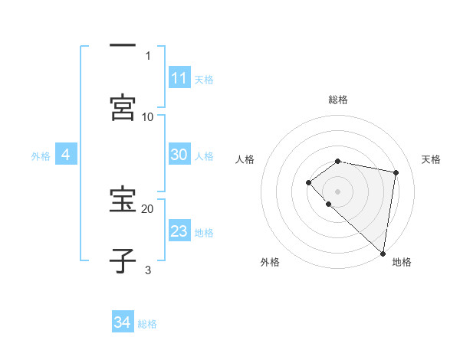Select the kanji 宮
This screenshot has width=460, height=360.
(x=123, y=107)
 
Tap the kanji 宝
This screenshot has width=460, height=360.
(x=123, y=199)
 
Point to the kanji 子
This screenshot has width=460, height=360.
(x=123, y=260)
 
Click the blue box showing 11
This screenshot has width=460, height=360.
(x=179, y=78)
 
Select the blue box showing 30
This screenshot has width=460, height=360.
(x=179, y=155)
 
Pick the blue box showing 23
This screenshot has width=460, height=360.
(x=179, y=231)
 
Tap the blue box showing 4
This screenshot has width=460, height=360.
(x=66, y=155)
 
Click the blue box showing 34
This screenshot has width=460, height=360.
(x=123, y=322)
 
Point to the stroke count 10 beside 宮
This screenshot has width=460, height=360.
(x=148, y=116)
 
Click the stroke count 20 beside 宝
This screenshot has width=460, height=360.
(x=148, y=208)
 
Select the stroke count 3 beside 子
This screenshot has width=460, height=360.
(x=148, y=270)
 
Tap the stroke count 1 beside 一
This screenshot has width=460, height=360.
(x=148, y=55)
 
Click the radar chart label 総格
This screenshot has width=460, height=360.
(x=338, y=100)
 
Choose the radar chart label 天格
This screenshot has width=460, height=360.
(x=432, y=159)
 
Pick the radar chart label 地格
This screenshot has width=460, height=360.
(x=402, y=262)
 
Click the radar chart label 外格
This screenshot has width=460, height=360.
(x=270, y=262)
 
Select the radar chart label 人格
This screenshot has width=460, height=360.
(x=245, y=159)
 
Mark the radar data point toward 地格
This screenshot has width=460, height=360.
(x=383, y=253)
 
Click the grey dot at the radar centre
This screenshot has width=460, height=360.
(x=338, y=191)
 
